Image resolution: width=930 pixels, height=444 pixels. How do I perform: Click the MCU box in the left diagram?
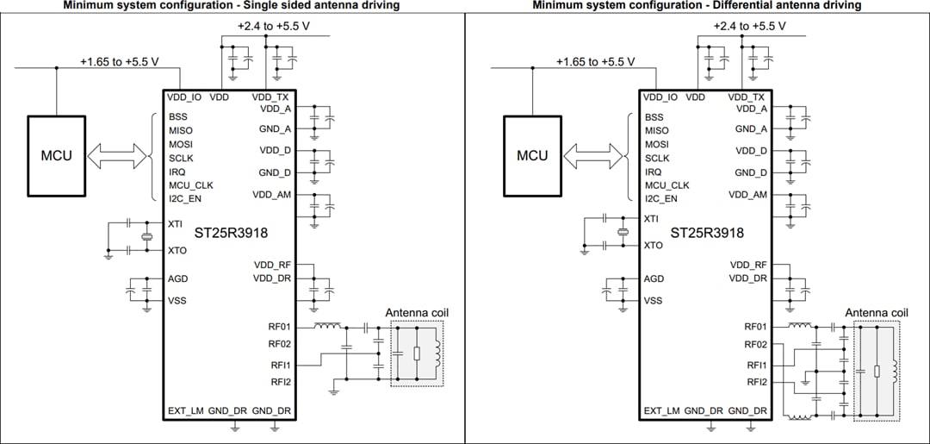(x=57, y=156)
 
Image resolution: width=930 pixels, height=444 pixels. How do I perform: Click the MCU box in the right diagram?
(x=532, y=156)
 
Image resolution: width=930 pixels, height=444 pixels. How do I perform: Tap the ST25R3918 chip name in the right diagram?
(x=707, y=233)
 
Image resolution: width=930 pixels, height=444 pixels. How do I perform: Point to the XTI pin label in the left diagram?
(x=176, y=222)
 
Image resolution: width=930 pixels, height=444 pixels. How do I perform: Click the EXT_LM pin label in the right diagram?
(x=660, y=410)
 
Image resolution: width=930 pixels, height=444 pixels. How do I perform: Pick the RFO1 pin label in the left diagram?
(x=280, y=327)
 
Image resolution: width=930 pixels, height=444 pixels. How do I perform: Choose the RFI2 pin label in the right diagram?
(x=757, y=381)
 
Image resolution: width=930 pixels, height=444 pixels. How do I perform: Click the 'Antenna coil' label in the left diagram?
(x=417, y=312)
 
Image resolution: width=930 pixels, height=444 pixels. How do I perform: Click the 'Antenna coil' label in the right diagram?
(x=877, y=312)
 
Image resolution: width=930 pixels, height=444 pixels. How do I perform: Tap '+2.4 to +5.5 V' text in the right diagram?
(x=749, y=26)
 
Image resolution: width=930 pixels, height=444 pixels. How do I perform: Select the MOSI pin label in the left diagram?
(x=181, y=144)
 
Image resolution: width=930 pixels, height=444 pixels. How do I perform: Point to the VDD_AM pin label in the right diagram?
(x=747, y=195)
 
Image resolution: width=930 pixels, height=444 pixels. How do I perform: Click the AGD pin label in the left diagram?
(x=178, y=278)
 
